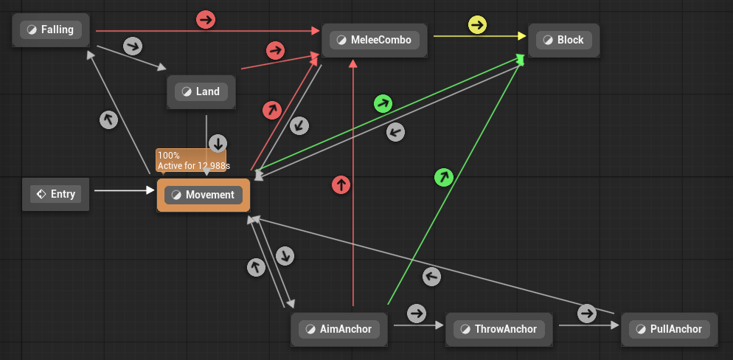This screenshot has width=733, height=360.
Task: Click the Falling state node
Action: [x=51, y=30]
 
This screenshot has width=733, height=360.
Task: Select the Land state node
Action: [x=201, y=92]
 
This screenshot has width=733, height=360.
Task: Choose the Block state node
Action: [x=563, y=40]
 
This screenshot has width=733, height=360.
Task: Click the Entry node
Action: [x=56, y=194]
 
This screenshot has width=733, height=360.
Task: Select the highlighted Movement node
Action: [x=204, y=195]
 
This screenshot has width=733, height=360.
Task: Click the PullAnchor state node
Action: [x=669, y=329]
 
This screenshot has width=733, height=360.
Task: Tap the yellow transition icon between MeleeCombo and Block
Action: [x=478, y=25]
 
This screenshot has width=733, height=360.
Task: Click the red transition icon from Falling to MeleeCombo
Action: [x=206, y=20]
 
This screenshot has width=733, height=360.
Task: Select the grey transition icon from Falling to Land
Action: [x=132, y=46]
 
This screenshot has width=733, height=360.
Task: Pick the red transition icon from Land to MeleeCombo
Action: [x=275, y=50]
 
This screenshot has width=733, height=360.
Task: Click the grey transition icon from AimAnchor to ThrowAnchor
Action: [x=417, y=314]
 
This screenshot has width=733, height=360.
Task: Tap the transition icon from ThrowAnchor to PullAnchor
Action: [x=587, y=314]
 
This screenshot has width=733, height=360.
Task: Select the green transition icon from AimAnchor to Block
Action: [x=442, y=176]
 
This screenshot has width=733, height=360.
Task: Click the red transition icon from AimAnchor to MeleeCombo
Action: [x=340, y=184]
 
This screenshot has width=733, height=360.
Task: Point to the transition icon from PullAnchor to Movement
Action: [x=431, y=277]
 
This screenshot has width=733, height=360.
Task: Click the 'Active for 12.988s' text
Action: [x=193, y=166]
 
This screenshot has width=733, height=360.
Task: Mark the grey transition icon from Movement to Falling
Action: [x=108, y=120]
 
